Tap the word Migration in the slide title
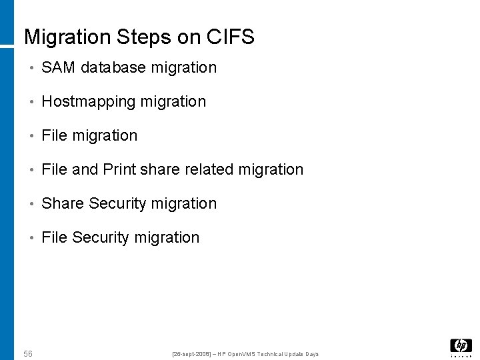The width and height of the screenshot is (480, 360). [x=67, y=37]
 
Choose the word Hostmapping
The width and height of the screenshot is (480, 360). [x=87, y=102]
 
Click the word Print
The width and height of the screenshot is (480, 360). [x=120, y=169]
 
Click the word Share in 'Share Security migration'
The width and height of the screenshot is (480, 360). [x=63, y=203]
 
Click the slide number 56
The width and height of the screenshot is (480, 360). [x=28, y=353]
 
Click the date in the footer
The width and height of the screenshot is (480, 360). [x=191, y=353]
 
